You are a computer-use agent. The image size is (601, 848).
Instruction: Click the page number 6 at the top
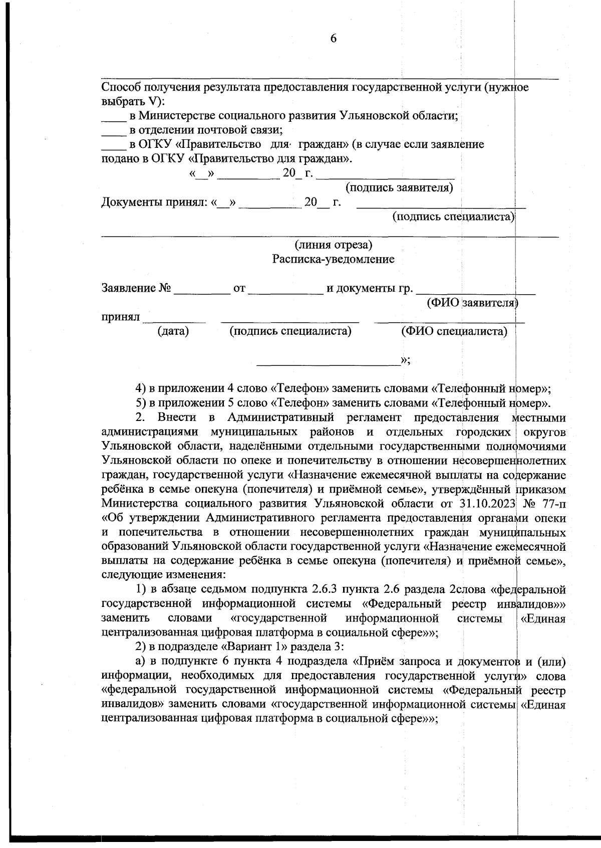click(334, 39)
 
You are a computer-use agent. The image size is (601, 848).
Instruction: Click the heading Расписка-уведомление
click(333, 259)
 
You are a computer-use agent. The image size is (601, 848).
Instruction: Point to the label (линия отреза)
click(333, 245)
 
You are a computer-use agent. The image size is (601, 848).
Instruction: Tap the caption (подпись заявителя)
click(400, 188)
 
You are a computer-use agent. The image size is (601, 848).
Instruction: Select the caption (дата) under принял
click(173, 331)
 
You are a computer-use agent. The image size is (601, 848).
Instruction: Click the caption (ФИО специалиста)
click(454, 331)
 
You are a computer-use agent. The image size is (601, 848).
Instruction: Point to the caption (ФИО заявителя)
click(472, 303)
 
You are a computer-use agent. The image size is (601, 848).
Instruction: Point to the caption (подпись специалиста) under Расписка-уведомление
click(290, 331)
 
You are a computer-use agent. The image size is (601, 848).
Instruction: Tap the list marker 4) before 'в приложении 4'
click(142, 388)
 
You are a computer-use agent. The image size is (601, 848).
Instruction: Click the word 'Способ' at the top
click(121, 88)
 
